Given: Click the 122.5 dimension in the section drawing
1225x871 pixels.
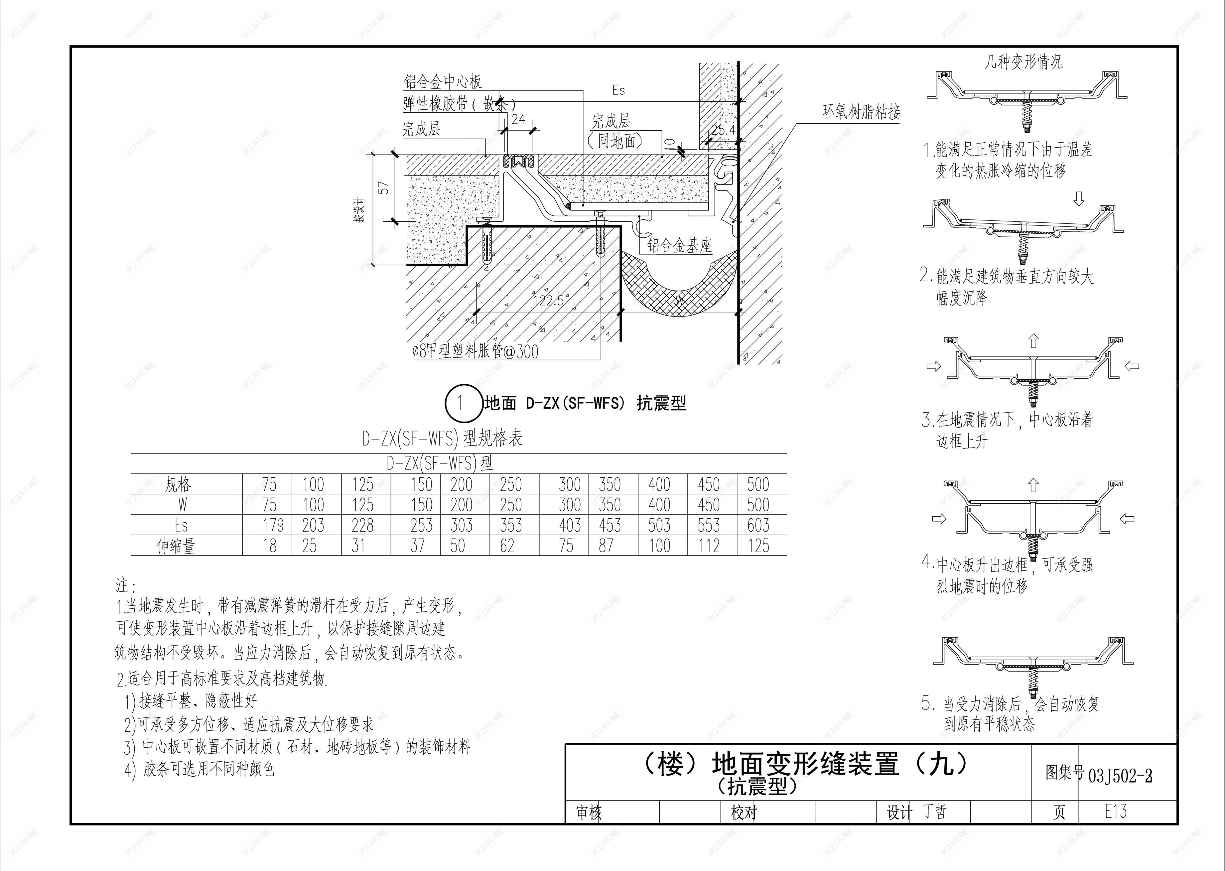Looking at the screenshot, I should pyautogui.click(x=548, y=300).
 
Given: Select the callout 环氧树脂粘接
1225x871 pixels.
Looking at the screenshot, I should pyautogui.click(x=861, y=112).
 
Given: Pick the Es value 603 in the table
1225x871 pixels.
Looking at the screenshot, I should pyautogui.click(x=758, y=525).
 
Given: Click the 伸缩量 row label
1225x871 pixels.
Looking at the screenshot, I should pyautogui.click(x=176, y=546).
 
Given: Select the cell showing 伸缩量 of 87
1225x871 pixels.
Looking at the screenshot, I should pyautogui.click(x=606, y=546).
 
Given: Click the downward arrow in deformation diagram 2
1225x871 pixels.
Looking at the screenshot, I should pyautogui.click(x=1079, y=199).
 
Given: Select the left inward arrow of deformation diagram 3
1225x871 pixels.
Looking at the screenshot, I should pyautogui.click(x=934, y=366).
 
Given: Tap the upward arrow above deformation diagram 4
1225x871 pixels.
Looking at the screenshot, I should pyautogui.click(x=1033, y=485).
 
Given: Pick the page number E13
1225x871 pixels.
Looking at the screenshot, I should pyautogui.click(x=1116, y=811).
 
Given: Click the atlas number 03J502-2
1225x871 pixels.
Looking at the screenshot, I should pyautogui.click(x=1120, y=776).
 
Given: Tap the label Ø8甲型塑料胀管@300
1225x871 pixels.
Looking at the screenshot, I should pyautogui.click(x=475, y=352).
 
